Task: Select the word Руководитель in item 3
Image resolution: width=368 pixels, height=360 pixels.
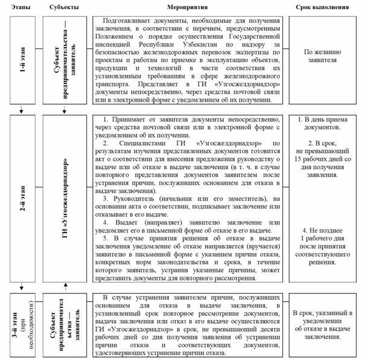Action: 138,198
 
